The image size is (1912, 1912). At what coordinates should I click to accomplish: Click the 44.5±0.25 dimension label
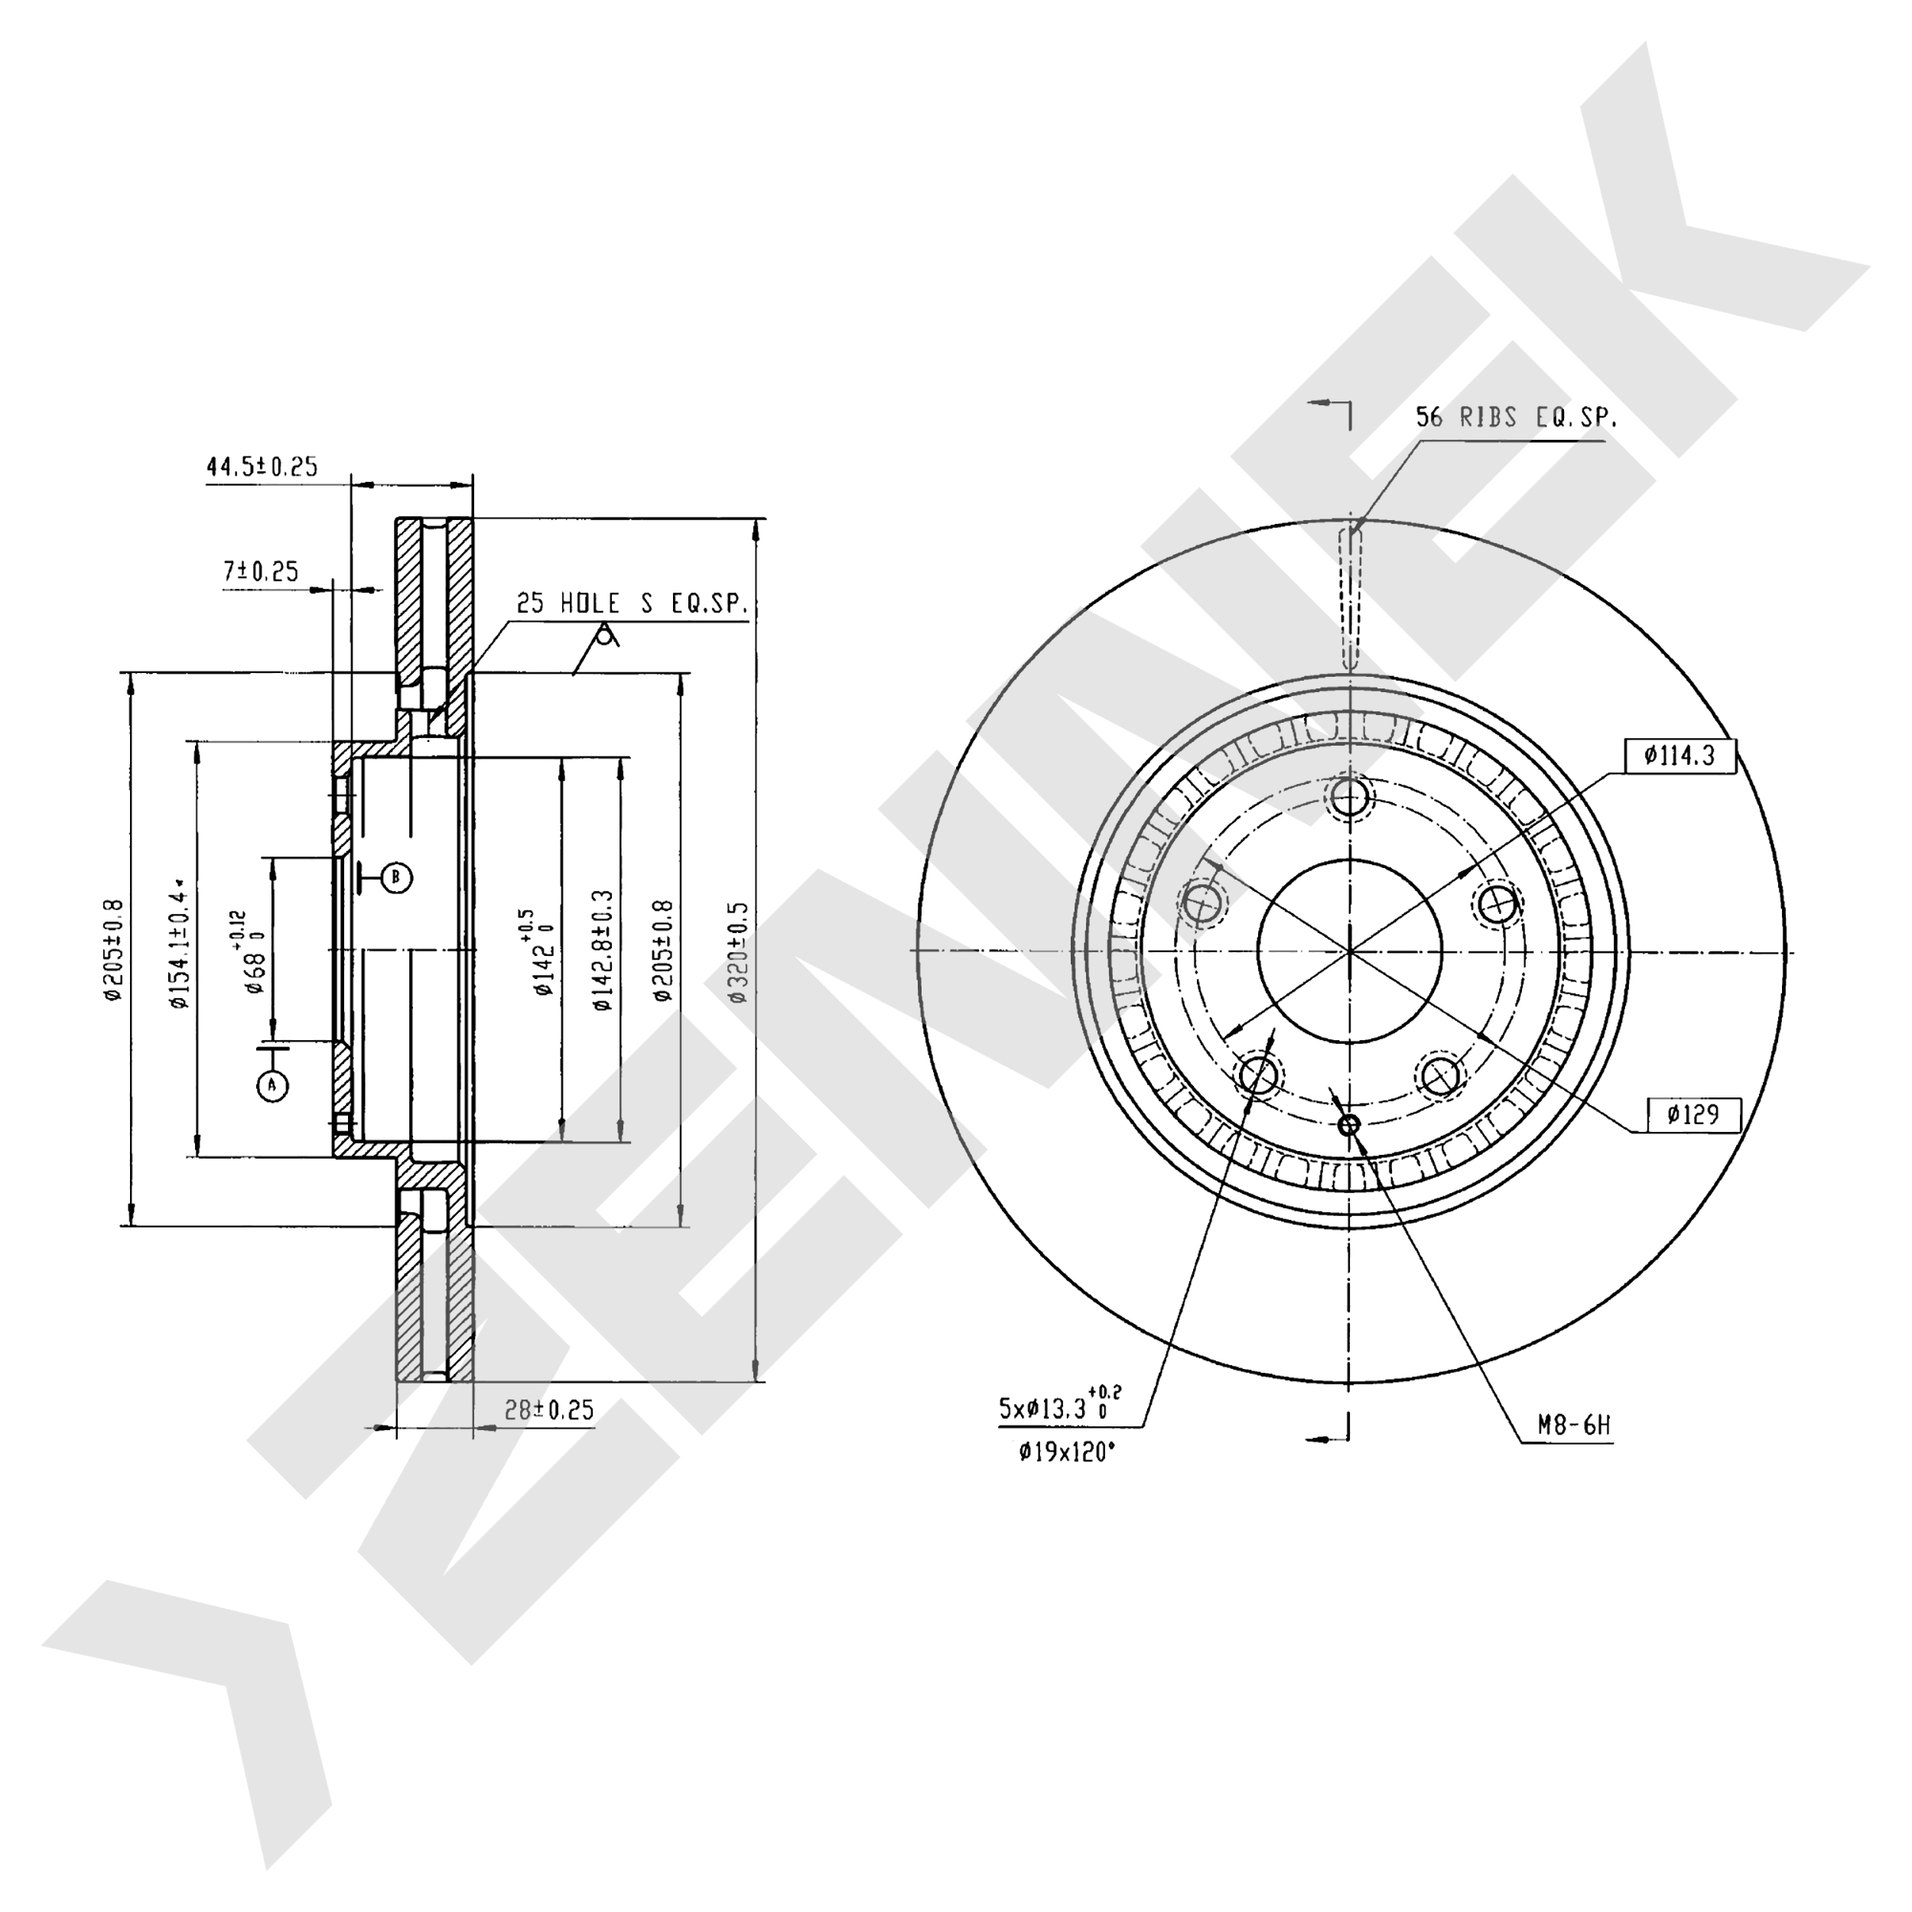262,467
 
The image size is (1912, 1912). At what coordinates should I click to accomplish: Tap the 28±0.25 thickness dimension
549,1410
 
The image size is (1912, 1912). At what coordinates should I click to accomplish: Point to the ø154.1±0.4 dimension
179,942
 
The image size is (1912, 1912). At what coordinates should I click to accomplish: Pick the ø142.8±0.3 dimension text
603,950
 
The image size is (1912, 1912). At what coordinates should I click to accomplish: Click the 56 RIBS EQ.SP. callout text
1516,418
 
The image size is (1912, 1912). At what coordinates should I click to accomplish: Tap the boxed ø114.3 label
1680,756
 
